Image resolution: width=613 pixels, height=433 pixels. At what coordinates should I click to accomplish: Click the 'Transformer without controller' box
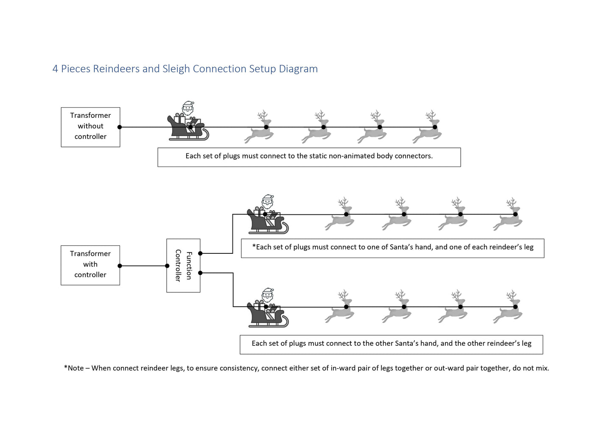[90, 127]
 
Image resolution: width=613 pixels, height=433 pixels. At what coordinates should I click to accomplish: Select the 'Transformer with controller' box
[90, 265]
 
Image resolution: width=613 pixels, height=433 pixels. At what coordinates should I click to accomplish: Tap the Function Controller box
[183, 266]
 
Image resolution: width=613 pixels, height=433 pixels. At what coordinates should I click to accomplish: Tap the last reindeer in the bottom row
[508, 307]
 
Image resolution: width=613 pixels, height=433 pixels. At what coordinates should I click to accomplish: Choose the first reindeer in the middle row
[340, 215]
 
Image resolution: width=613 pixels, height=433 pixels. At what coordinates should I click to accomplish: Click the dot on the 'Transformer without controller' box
[120, 127]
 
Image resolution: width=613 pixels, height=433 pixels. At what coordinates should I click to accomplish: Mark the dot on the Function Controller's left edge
[167, 266]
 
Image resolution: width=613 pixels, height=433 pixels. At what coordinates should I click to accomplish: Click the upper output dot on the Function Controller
[200, 253]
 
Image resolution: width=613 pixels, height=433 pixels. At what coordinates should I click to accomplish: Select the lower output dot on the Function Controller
[200, 273]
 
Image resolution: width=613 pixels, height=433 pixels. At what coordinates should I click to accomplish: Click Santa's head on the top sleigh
[188, 108]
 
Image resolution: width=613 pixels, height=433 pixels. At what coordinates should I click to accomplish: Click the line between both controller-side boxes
[143, 266]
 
